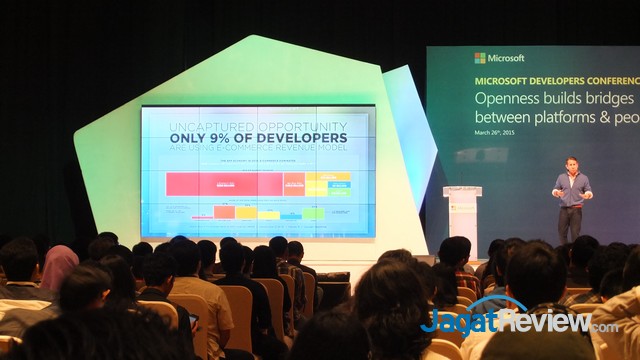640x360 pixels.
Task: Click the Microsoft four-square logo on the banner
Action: coord(480,58)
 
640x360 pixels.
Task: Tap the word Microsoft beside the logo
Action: coord(507,58)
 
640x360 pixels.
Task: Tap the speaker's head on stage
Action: coord(572,164)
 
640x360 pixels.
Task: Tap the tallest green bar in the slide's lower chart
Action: coord(313,213)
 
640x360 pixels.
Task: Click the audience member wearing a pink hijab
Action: coord(60,265)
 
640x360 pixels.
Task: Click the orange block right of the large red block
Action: coord(294,183)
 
